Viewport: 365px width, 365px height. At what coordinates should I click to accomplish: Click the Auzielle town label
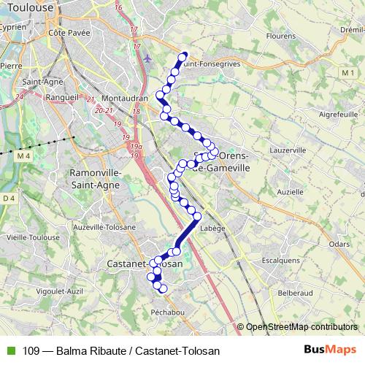point(290,191)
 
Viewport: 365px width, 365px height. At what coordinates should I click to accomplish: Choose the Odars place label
point(339,245)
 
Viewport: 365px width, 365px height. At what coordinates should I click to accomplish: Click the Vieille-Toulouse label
point(32,237)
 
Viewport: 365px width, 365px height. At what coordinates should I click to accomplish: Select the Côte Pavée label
point(67,32)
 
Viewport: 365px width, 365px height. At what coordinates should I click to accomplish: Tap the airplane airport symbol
point(148,58)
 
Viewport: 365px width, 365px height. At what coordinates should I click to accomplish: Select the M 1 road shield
point(346,72)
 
